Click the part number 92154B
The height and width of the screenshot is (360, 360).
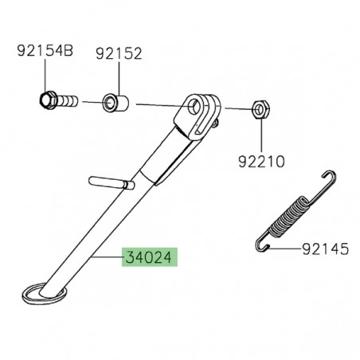45,53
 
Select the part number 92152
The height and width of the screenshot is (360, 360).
119,53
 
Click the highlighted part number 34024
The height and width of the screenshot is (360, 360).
150,259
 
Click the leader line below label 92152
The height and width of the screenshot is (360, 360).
119,78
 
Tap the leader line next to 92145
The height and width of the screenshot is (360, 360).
288,248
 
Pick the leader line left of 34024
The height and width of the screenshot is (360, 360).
108,259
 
